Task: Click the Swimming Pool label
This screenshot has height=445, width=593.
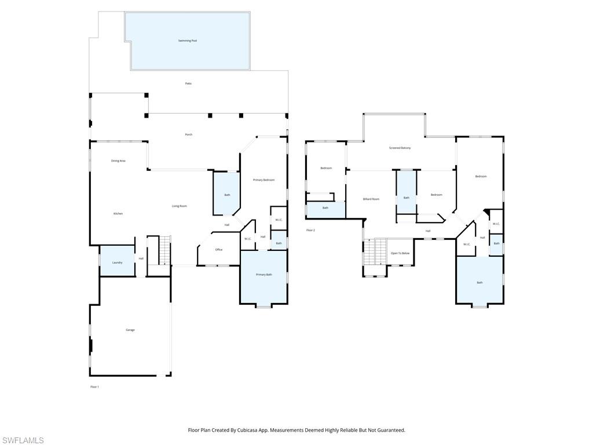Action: point(188,41)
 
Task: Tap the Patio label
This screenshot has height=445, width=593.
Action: point(188,83)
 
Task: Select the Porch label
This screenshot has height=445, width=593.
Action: point(188,134)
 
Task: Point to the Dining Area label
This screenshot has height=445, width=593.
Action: point(118,161)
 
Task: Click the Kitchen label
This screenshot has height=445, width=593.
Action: point(118,214)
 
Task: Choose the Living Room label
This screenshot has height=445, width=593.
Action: point(179,206)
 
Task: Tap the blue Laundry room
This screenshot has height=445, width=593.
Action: point(117,262)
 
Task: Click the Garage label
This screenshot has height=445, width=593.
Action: point(130,330)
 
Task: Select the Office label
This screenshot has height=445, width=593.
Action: point(219,250)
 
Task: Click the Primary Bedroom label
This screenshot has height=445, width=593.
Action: point(263,180)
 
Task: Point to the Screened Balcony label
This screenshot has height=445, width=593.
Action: point(400,148)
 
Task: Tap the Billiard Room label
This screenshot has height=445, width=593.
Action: point(371,199)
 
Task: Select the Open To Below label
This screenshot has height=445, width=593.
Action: point(400,253)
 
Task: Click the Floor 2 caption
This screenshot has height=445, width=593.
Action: point(310,230)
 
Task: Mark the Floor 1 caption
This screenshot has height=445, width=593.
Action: point(94,386)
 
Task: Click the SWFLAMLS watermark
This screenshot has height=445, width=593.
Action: point(23,440)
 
